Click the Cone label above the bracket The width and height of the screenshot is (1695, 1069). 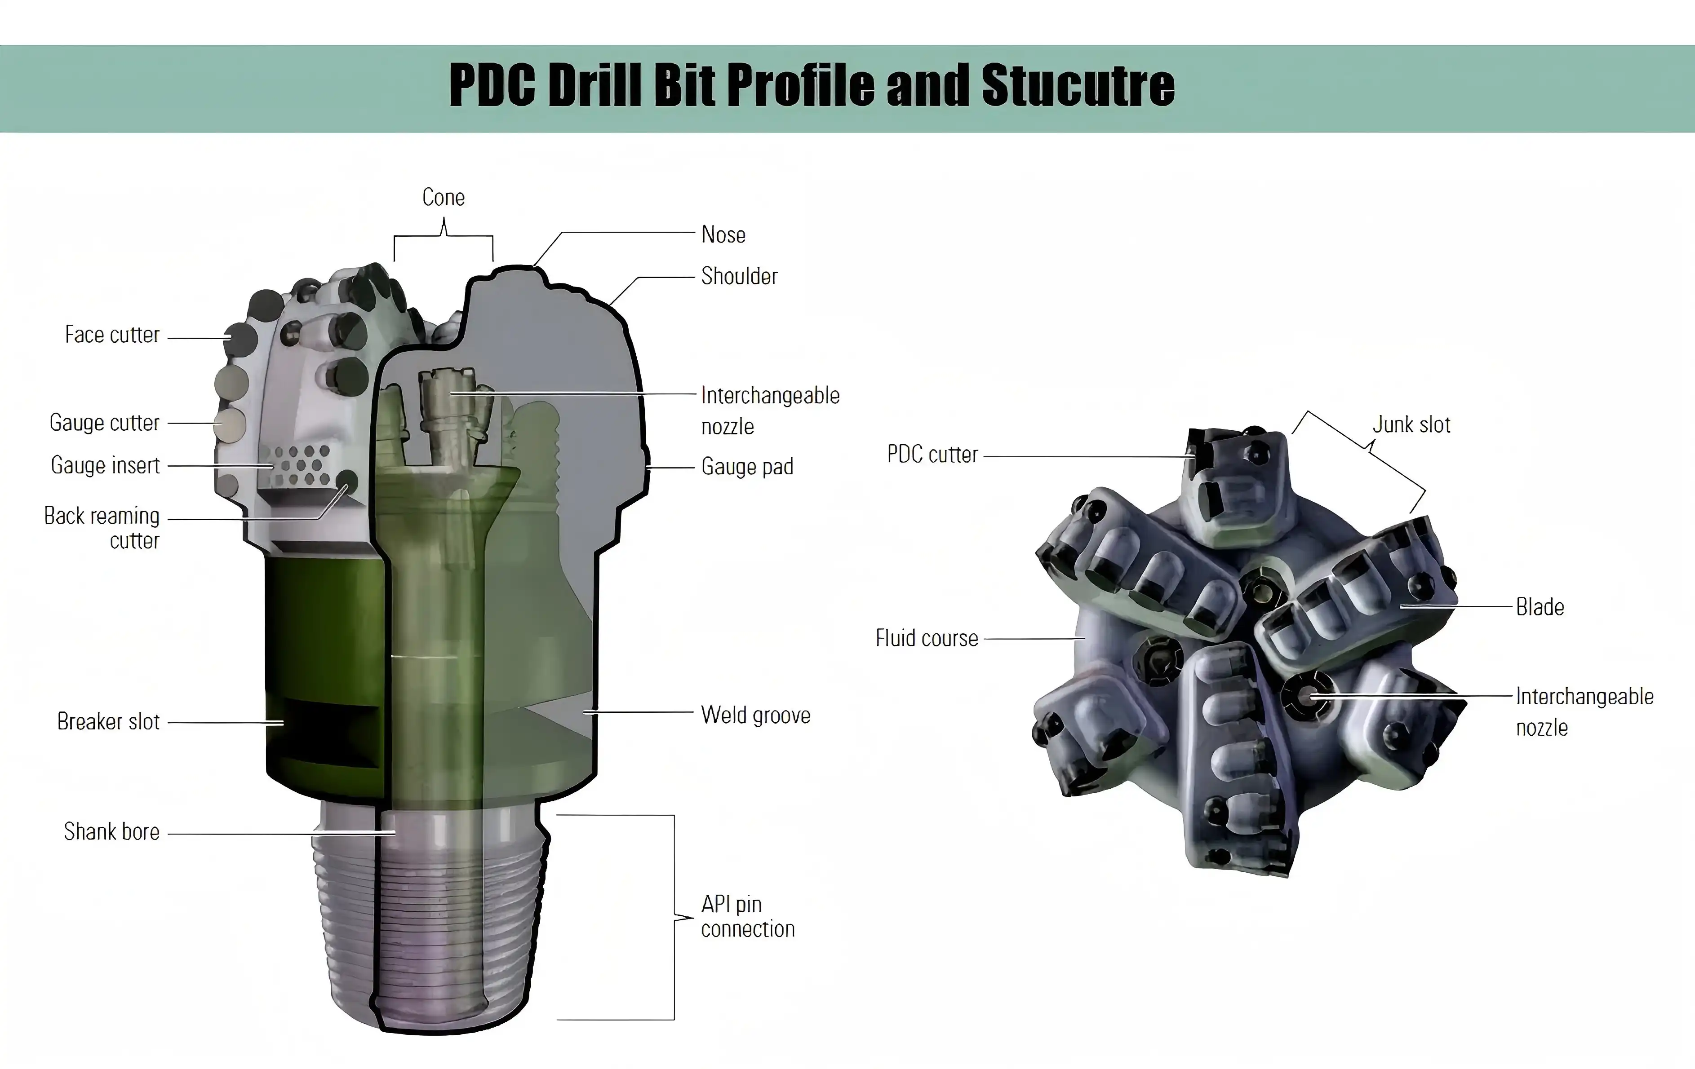[444, 197]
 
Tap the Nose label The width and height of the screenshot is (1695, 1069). [723, 234]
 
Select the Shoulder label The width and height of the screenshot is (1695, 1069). [739, 276]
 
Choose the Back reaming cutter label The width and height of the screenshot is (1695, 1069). [102, 528]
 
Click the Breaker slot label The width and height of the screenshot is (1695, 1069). [108, 721]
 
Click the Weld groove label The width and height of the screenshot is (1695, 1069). [755, 715]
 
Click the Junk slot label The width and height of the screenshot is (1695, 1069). [1411, 424]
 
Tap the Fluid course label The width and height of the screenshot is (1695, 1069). [926, 638]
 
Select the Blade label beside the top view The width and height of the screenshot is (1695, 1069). [1540, 607]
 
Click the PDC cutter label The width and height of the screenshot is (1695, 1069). [932, 455]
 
